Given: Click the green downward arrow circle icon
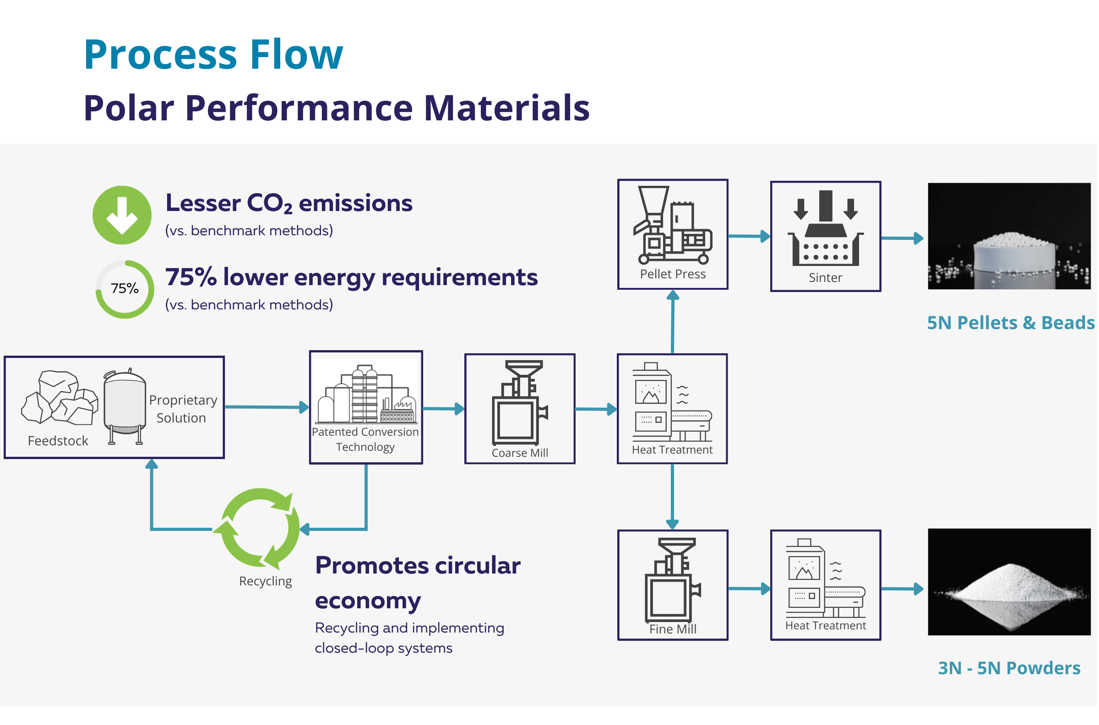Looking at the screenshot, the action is (x=122, y=215).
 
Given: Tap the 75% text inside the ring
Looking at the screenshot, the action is (x=125, y=288).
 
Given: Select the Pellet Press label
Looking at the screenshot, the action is (x=673, y=274).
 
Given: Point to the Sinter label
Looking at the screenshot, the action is (x=826, y=277).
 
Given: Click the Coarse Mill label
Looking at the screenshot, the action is (x=520, y=453).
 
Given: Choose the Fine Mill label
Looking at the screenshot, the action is (x=673, y=629).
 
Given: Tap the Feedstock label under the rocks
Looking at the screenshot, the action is (x=58, y=441).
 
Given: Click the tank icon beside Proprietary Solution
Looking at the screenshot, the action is (x=125, y=406).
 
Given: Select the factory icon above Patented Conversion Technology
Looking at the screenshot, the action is (x=365, y=394).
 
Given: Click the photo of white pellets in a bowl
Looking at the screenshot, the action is (x=1009, y=236).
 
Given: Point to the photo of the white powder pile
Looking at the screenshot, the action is (x=1009, y=582).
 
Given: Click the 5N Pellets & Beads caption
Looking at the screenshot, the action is (x=1011, y=323).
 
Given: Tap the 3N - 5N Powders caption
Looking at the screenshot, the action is (x=1009, y=668).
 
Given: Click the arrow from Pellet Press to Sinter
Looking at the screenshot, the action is (x=749, y=236).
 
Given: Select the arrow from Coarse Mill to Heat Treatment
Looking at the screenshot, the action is (x=596, y=409).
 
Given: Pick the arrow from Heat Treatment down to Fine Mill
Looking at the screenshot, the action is (x=673, y=497).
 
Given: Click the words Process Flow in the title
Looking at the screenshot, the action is (x=214, y=54).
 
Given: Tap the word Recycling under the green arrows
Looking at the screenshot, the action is (x=266, y=581).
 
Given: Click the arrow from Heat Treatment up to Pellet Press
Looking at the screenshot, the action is (x=673, y=322).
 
